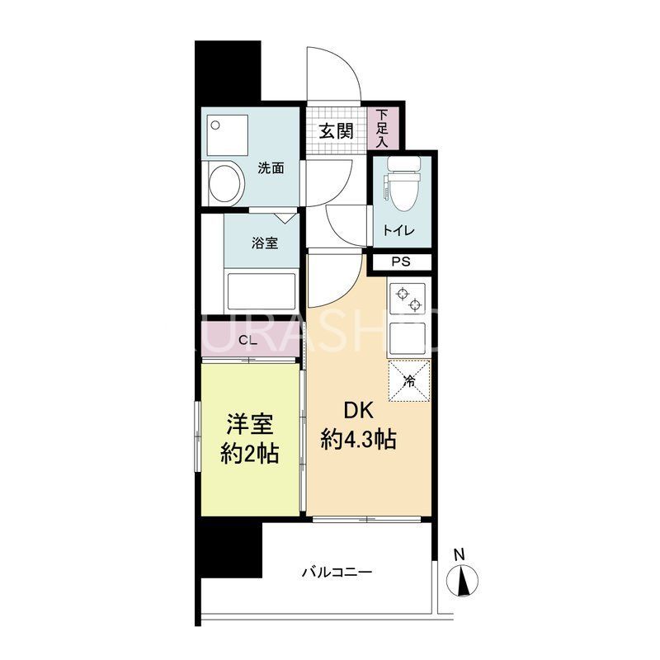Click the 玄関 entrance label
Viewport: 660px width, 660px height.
point(337,130)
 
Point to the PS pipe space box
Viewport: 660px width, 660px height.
point(400,263)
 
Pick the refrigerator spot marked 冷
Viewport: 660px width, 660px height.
point(410,380)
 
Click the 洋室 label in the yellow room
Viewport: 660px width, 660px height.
point(249,425)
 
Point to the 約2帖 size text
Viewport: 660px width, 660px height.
point(249,452)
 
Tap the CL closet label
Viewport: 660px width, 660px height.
point(246,340)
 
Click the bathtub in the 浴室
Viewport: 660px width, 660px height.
point(260,290)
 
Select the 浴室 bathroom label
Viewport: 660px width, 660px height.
point(264,243)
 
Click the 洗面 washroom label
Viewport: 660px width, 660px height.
point(271,168)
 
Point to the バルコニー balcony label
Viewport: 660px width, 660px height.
point(337,571)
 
